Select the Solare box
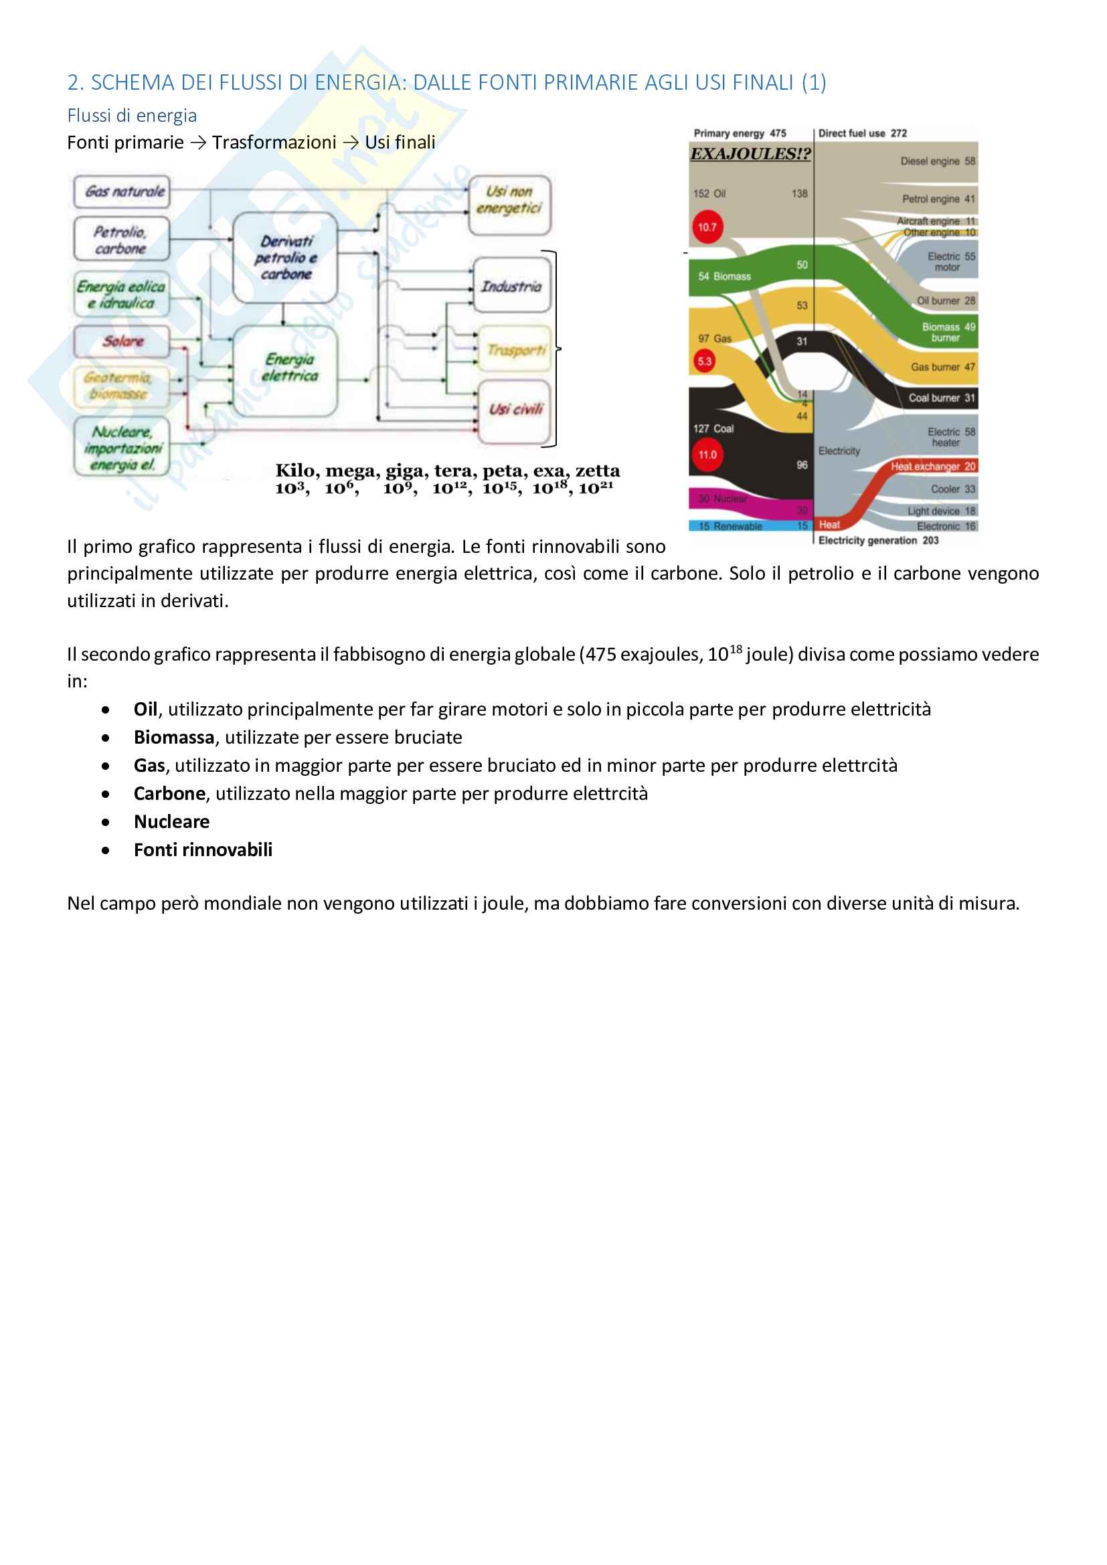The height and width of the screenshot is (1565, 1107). (121, 341)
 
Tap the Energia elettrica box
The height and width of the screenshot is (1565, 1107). (286, 369)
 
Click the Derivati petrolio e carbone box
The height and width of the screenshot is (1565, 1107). (286, 258)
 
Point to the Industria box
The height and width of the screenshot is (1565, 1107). (511, 286)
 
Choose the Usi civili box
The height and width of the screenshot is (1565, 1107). (515, 410)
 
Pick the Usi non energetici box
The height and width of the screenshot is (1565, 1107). (509, 200)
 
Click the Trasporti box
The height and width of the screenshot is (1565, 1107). (515, 350)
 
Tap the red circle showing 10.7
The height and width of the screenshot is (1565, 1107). (707, 228)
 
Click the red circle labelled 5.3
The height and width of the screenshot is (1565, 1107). (704, 361)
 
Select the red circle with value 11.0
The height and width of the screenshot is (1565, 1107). (707, 455)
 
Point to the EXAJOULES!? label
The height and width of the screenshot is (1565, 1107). (750, 154)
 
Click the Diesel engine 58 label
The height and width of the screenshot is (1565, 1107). (937, 161)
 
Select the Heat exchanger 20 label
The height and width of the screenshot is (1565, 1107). (933, 467)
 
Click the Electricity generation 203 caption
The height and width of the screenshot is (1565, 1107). (878, 541)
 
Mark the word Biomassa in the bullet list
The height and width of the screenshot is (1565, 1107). (174, 738)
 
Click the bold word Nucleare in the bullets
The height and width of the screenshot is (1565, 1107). (172, 822)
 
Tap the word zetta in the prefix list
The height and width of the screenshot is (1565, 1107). (598, 471)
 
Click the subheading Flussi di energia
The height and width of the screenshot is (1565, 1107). (133, 116)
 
